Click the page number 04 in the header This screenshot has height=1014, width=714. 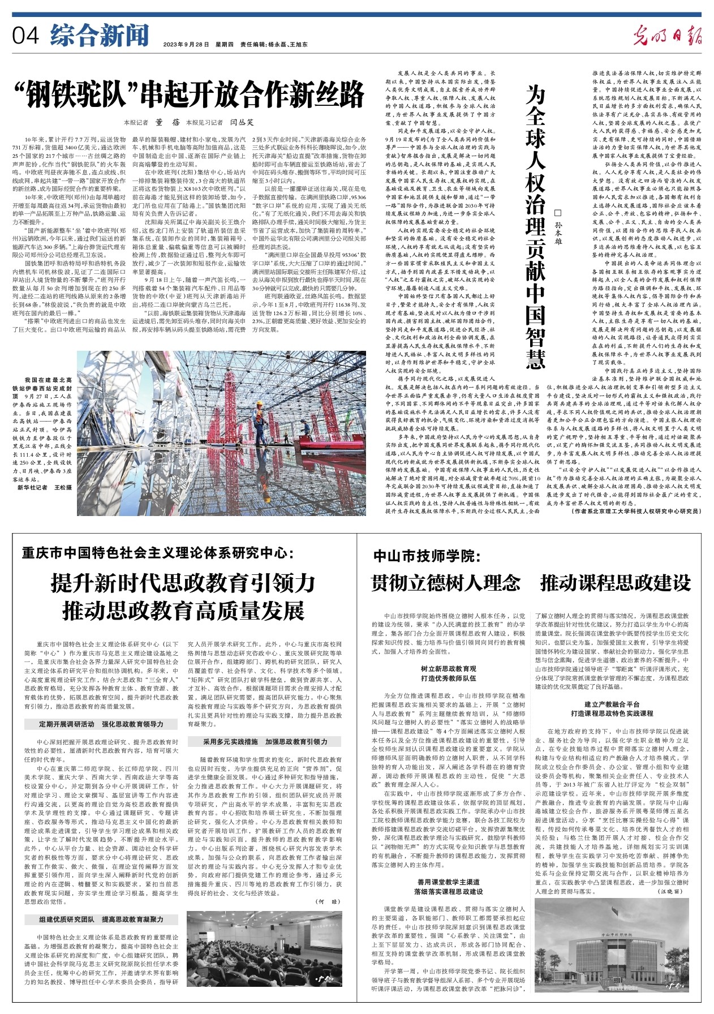click(25, 36)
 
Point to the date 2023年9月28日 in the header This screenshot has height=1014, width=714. click(186, 44)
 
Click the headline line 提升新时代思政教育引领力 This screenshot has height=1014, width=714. click(183, 583)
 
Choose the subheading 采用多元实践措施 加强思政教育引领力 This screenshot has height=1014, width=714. click(265, 741)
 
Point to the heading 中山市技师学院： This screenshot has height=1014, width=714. click(427, 556)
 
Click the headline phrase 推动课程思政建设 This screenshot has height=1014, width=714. click(616, 583)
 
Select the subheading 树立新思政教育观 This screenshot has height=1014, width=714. click(449, 669)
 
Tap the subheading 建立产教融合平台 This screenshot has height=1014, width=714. click(612, 704)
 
